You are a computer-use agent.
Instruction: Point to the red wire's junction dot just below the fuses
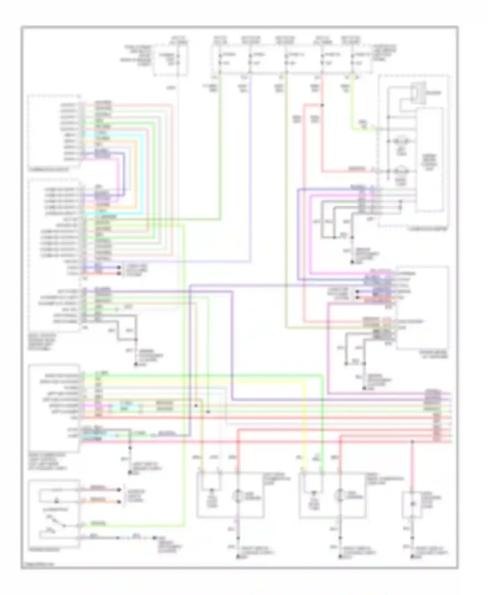322,105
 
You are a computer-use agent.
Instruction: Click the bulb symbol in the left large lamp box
237,495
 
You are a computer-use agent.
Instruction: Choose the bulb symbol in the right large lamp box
340,495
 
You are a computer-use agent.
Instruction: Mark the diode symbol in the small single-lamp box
413,504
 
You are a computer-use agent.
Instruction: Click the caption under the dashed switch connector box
49,170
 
